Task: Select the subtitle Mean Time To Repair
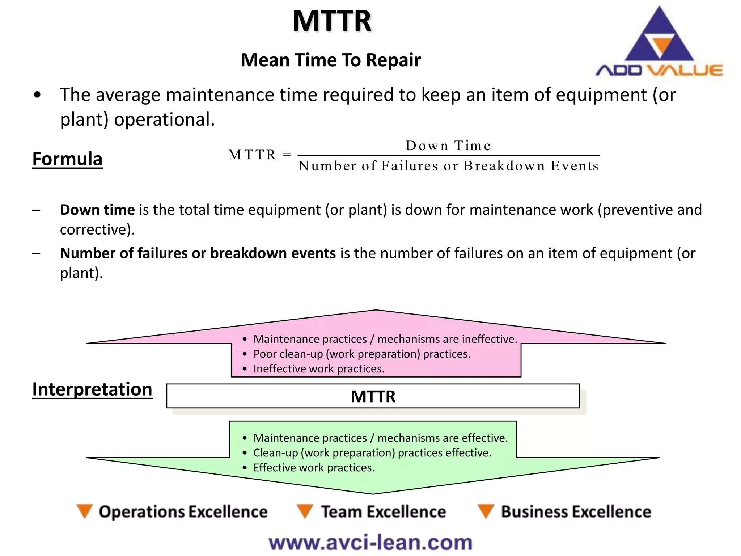point(331,60)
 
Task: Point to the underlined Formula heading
point(67,159)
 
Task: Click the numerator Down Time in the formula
point(448,146)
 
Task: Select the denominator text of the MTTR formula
point(448,166)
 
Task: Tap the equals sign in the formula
point(287,155)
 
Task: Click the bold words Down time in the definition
point(97,210)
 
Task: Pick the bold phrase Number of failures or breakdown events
point(198,253)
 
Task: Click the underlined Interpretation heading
point(92,390)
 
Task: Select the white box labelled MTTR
point(373,396)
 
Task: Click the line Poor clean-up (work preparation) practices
point(362,354)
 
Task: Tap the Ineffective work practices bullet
point(319,369)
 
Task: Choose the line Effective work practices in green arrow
point(314,468)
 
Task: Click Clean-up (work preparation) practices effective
point(372,453)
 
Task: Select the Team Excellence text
point(384,512)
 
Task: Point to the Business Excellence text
point(576,512)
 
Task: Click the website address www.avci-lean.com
point(370,543)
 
